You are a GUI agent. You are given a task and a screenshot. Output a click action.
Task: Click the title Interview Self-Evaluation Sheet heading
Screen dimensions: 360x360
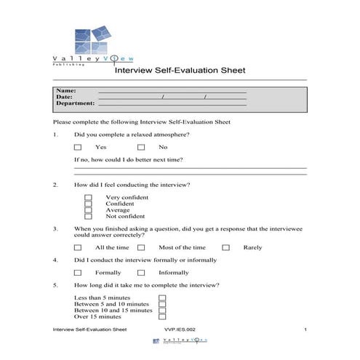(x=180, y=71)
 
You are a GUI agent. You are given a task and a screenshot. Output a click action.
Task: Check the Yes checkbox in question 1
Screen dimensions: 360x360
(x=78, y=147)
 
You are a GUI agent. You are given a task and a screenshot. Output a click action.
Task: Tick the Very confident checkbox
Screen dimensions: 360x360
(x=89, y=197)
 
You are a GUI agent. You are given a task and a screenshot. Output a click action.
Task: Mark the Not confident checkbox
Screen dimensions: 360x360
(x=89, y=216)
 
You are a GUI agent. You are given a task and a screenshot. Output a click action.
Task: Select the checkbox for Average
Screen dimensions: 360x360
(x=89, y=209)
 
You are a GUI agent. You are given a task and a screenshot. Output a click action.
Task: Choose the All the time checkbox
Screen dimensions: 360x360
(x=78, y=247)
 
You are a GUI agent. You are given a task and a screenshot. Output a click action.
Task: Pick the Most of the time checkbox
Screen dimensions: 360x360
(x=141, y=247)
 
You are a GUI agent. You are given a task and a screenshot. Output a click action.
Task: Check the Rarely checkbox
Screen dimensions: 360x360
(x=225, y=247)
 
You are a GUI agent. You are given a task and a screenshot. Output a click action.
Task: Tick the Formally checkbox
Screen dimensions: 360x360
(x=78, y=273)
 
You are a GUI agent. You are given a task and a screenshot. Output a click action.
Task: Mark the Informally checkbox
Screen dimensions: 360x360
(x=141, y=273)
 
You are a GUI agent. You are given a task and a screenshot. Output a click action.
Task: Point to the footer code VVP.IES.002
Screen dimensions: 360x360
(x=179, y=330)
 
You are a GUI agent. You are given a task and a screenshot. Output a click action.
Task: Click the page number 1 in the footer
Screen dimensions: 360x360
(x=306, y=330)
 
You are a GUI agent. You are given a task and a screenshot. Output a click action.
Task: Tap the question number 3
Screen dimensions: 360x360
(x=55, y=228)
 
